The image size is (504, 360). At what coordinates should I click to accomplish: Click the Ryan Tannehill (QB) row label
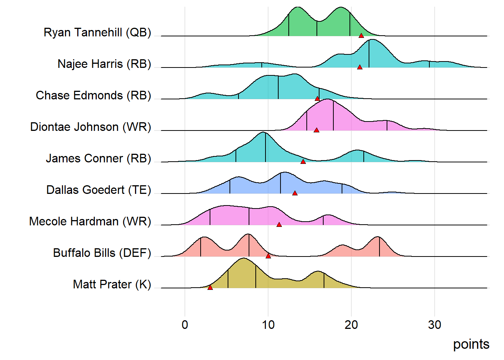pos(97,32)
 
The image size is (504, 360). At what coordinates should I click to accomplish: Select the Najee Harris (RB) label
pos(104,64)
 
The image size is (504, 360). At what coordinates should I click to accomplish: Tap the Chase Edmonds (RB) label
pos(93,95)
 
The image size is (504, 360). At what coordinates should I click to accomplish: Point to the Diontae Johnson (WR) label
pos(90,127)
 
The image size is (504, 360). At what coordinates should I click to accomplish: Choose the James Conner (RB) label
pos(98,158)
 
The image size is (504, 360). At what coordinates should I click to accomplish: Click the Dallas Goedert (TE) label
pos(99,190)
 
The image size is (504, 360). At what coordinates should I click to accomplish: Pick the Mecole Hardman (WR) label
pos(90,221)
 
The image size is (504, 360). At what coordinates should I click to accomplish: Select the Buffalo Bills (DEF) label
pos(102,253)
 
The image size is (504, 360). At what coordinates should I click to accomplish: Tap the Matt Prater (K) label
pos(112,284)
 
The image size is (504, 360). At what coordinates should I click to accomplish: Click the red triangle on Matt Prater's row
pos(210,287)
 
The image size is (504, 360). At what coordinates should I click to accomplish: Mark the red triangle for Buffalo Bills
pos(268,256)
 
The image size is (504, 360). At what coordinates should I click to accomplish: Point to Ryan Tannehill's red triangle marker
pos(361,36)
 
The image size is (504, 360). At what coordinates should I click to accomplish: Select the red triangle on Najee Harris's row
pos(360,67)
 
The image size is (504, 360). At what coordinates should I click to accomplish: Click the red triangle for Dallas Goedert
pos(295,193)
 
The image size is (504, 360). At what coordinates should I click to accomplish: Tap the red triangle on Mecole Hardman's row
pos(279,225)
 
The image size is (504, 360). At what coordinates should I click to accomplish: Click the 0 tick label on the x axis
pos(185,325)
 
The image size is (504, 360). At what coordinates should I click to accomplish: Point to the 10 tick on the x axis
pos(268,325)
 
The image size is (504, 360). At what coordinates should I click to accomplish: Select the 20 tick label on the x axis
pos(351,325)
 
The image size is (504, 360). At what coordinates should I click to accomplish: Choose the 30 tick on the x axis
pos(435,325)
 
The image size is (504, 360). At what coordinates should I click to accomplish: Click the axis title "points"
pos(471,344)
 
